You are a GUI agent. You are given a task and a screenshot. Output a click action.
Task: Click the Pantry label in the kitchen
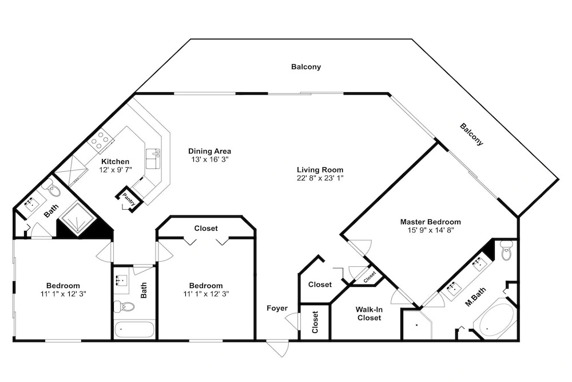pyautogui.click(x=128, y=199)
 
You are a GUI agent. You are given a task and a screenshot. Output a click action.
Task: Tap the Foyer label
pyautogui.click(x=277, y=308)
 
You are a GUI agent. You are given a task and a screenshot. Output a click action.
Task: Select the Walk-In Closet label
pyautogui.click(x=369, y=314)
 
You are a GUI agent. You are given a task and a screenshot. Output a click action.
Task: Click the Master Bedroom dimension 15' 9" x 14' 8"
pyautogui.click(x=431, y=230)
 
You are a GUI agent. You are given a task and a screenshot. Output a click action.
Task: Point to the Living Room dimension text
pyautogui.click(x=320, y=178)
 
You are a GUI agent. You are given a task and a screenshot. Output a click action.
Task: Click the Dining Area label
pyautogui.click(x=209, y=151)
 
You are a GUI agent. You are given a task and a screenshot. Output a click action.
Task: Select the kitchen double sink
pyautogui.click(x=153, y=159)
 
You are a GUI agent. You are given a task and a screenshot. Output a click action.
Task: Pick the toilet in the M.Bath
pyautogui.click(x=506, y=250)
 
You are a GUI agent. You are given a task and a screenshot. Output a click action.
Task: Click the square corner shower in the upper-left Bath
pyautogui.click(x=78, y=219)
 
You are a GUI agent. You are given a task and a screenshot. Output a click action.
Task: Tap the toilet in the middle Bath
pyautogui.click(x=124, y=306)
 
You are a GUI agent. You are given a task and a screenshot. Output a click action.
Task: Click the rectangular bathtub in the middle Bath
pyautogui.click(x=134, y=330)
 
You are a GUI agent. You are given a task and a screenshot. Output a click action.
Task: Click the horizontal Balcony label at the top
pyautogui.click(x=306, y=67)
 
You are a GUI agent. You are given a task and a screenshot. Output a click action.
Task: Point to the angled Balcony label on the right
pyautogui.click(x=471, y=135)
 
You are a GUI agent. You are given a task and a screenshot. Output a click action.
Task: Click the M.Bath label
pyautogui.click(x=475, y=297)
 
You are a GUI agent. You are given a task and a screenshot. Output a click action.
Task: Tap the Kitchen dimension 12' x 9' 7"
pyautogui.click(x=116, y=170)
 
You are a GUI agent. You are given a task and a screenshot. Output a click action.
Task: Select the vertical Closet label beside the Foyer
pyautogui.click(x=315, y=322)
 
